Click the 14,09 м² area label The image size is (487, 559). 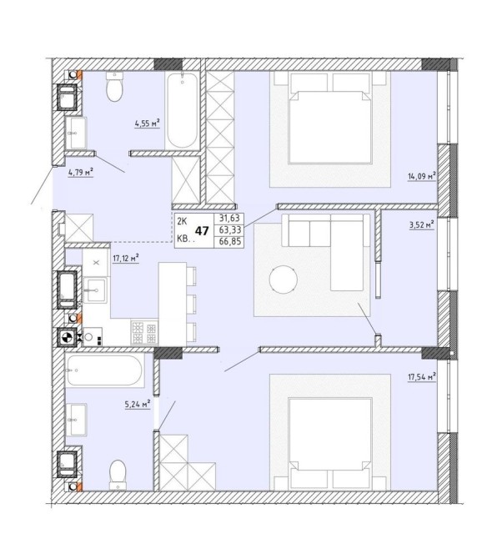[x=422, y=176]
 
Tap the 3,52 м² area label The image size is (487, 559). [x=422, y=224]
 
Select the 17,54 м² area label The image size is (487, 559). [x=422, y=377]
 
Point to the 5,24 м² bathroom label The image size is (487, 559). [x=138, y=404]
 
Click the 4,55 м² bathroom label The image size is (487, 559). [x=147, y=123]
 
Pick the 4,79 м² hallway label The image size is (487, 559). [x=81, y=173]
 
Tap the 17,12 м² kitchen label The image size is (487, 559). [x=126, y=258]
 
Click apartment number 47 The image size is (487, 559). [x=202, y=231]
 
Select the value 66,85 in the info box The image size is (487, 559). [x=230, y=242]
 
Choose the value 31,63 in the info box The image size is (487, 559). [x=230, y=218]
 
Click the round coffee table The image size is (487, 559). [x=284, y=279]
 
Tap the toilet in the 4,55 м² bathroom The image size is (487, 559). [x=114, y=86]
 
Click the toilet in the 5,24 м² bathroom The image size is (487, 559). [x=118, y=475]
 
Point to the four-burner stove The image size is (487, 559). [x=144, y=332]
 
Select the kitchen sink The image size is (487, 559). [x=95, y=290]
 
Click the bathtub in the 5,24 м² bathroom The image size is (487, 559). [x=105, y=370]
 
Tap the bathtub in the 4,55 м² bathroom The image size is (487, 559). [x=183, y=110]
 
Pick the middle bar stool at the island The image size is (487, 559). [x=191, y=304]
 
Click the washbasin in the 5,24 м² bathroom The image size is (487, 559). [x=76, y=420]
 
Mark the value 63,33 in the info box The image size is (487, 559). [x=230, y=229]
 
